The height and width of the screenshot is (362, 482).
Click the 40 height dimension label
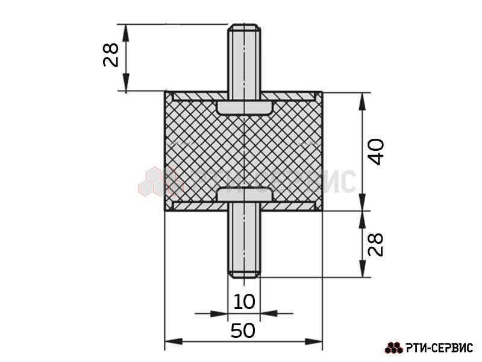(x=376, y=152)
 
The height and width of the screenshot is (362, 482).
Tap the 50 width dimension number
(x=243, y=331)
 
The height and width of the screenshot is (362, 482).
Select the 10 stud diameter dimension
(x=245, y=302)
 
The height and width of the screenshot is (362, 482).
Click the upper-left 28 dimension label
(x=111, y=55)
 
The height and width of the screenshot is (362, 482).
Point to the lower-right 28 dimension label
(x=376, y=244)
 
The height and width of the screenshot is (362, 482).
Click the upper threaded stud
(x=244, y=62)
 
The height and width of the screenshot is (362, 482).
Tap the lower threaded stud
(x=244, y=240)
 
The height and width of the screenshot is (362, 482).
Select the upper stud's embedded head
(x=245, y=107)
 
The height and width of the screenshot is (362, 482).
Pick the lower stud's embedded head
(x=245, y=195)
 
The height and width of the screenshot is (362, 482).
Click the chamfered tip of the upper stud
(x=244, y=27)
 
